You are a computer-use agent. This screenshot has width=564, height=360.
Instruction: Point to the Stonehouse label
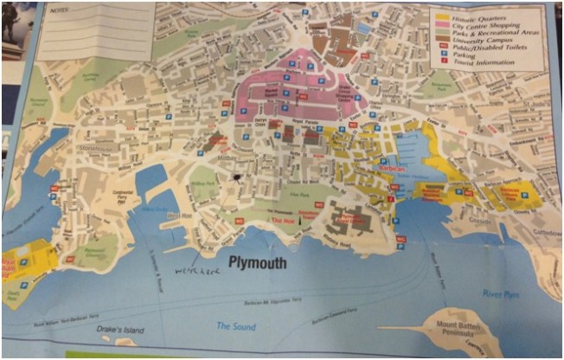[x=100, y=149]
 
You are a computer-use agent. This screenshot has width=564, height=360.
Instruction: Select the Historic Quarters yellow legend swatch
[x=441, y=14]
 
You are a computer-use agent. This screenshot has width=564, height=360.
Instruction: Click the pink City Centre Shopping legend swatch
[x=441, y=23]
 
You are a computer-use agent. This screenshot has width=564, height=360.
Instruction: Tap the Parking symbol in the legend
[x=442, y=54]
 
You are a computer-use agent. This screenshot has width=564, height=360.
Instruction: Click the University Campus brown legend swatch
[x=441, y=39]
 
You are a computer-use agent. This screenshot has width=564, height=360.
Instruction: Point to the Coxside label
[x=480, y=220]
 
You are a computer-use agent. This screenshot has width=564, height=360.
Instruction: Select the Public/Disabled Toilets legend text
[x=484, y=46]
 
